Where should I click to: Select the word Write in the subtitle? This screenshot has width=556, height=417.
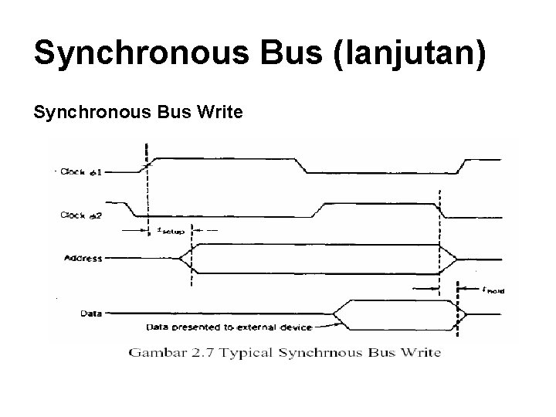(x=220, y=114)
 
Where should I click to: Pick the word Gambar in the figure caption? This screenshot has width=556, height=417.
(x=155, y=353)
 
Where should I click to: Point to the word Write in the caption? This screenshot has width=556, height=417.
(x=422, y=353)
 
